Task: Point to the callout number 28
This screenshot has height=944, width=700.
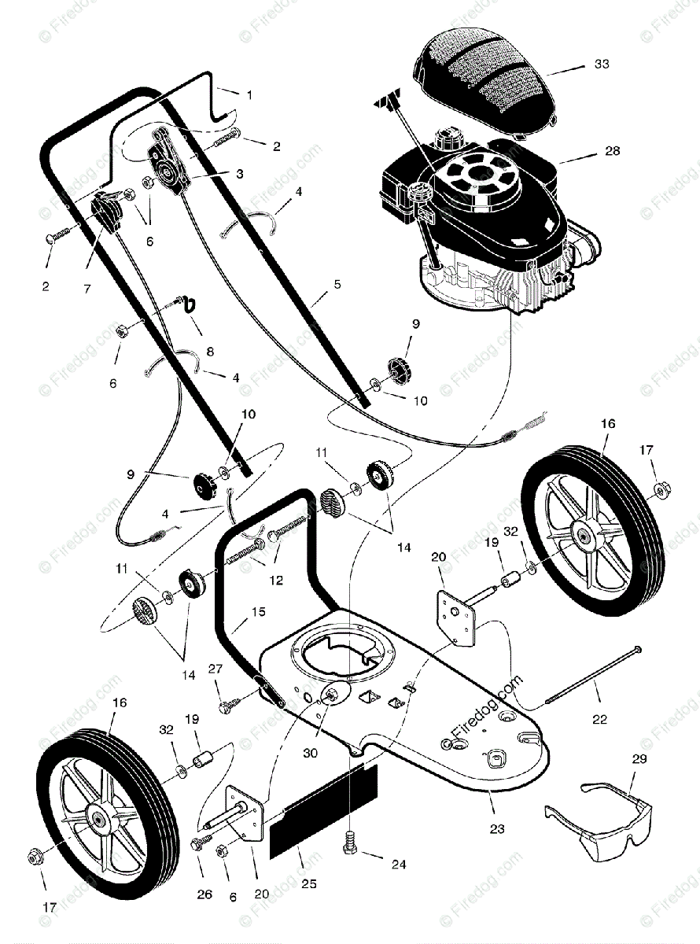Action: (613, 150)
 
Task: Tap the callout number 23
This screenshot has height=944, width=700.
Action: (497, 828)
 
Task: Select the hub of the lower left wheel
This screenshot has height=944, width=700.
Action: (98, 818)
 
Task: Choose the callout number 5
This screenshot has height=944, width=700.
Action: (337, 284)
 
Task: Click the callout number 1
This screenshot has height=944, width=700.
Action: (249, 94)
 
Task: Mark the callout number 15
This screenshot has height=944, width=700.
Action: (258, 610)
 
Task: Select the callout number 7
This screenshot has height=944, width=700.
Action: (87, 289)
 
